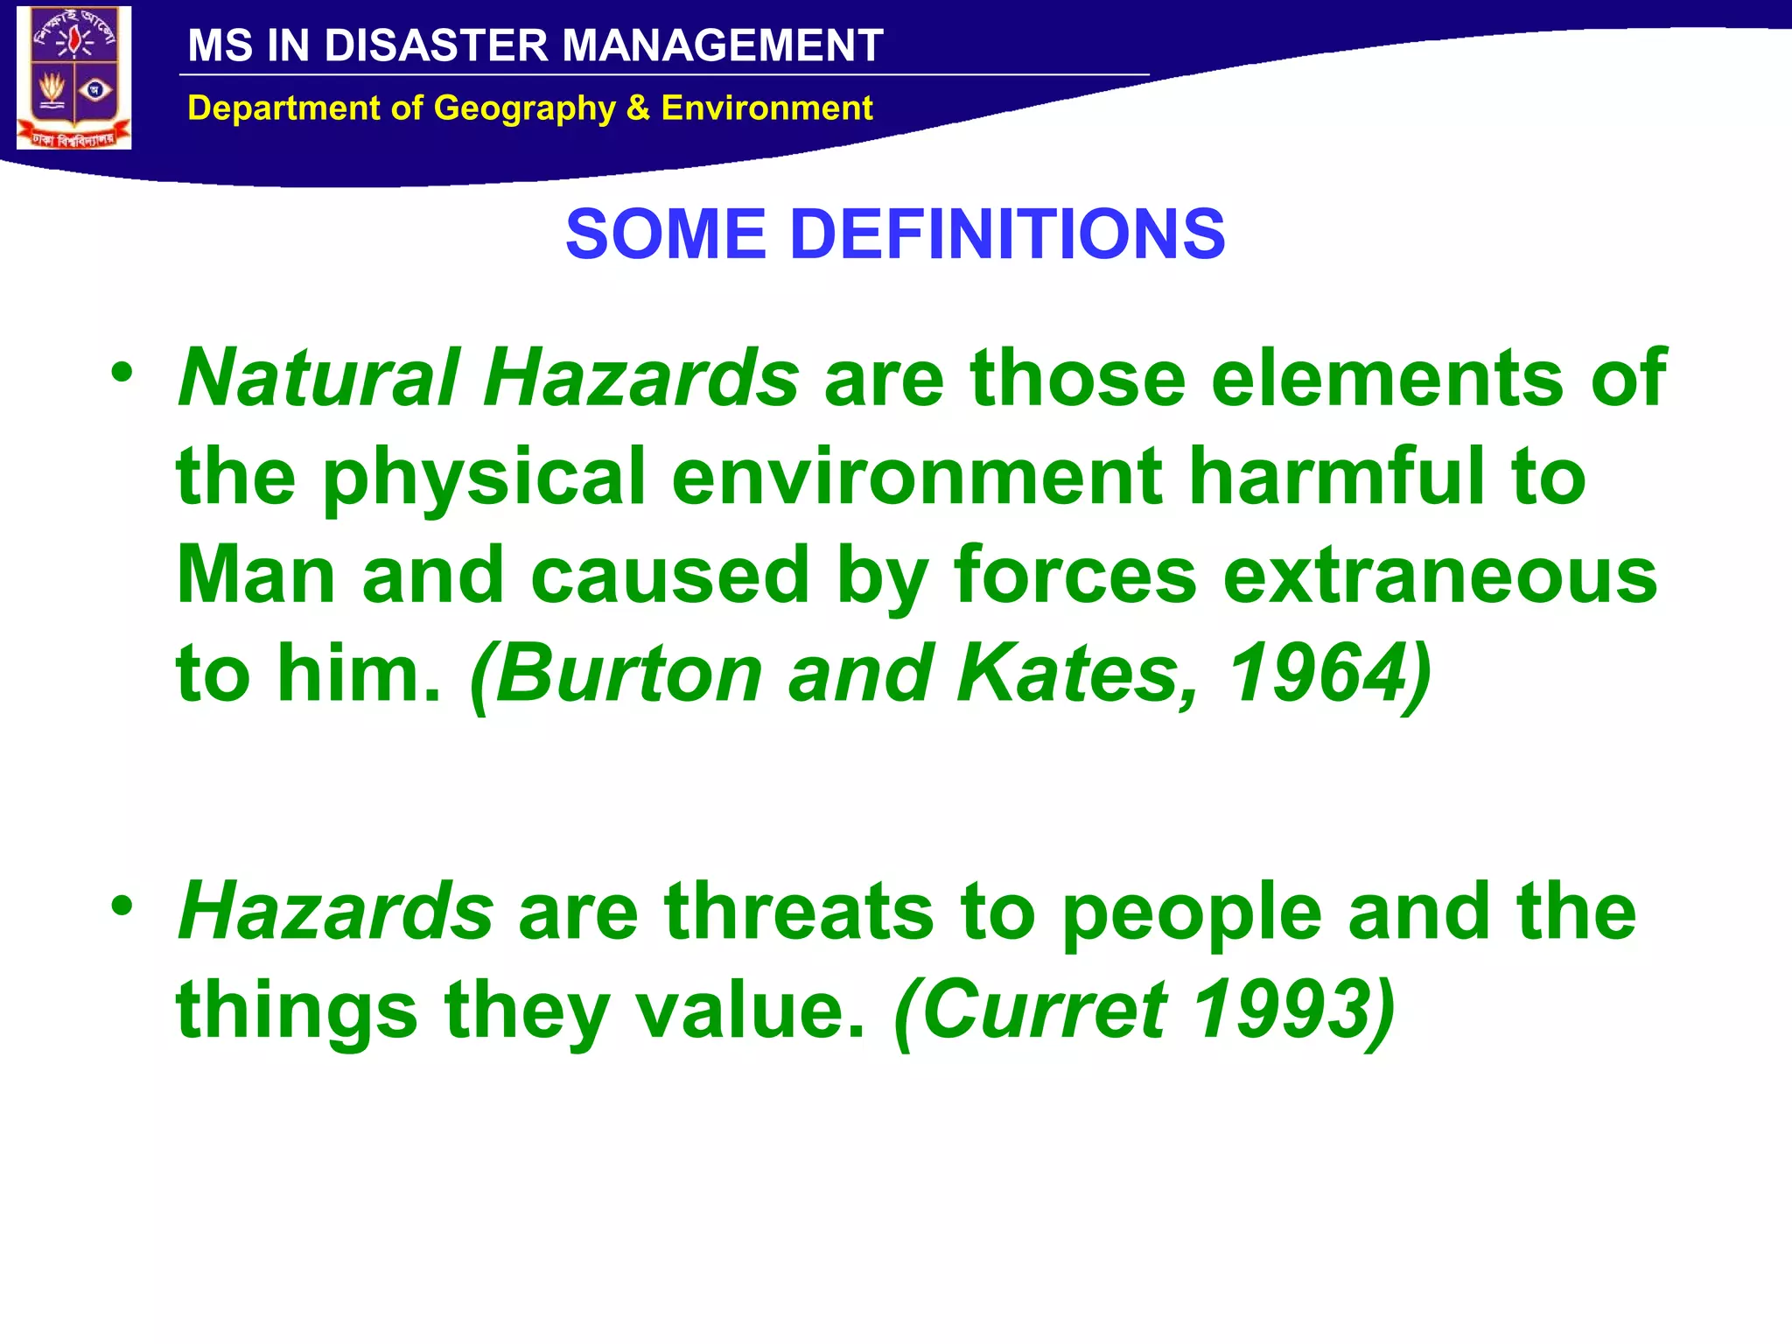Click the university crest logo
[x=74, y=78]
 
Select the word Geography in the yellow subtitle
[x=524, y=108]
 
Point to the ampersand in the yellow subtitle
[x=638, y=108]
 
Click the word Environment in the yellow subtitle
[x=766, y=108]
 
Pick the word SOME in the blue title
[x=665, y=234]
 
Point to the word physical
[x=484, y=478]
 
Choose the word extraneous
[x=1439, y=575]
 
